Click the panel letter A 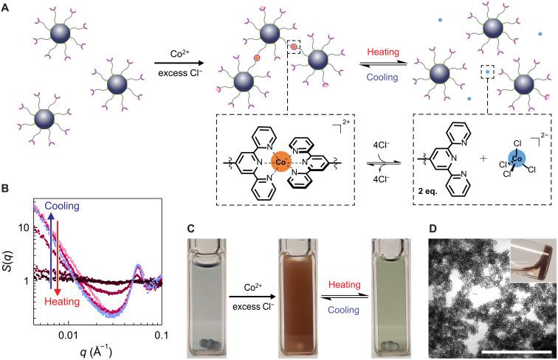click(x=7, y=7)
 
